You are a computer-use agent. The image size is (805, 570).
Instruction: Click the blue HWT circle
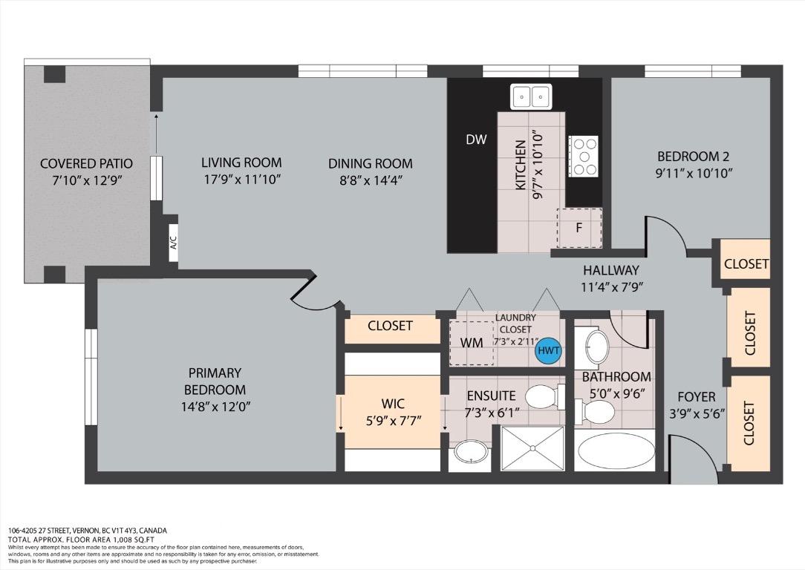point(548,351)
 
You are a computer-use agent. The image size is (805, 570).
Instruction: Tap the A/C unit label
point(174,243)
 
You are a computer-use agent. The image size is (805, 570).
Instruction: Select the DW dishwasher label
point(476,139)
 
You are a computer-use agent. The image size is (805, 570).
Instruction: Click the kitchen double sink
point(531,96)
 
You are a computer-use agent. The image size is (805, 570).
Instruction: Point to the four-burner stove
point(583,157)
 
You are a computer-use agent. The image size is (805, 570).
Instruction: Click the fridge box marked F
point(579,228)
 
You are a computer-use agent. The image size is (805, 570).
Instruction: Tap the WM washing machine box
point(472,343)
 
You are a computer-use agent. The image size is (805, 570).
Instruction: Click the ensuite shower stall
point(532,448)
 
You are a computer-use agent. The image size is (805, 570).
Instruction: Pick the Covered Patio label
point(86,164)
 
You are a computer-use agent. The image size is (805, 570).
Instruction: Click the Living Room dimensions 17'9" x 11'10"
point(241,180)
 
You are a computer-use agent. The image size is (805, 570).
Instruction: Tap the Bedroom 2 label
point(693,156)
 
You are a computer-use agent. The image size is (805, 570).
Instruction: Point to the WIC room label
point(393,404)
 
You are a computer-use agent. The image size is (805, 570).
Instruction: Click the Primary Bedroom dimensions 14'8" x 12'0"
point(215,407)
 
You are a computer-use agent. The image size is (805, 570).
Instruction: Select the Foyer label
point(696,396)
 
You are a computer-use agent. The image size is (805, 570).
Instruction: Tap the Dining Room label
point(370,164)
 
